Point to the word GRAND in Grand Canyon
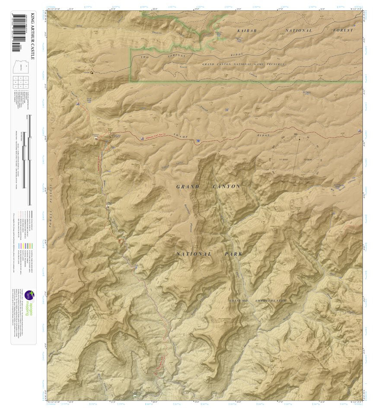(x=188, y=187)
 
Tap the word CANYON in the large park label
(x=226, y=187)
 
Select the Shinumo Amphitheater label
(x=258, y=300)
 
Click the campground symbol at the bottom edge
(x=135, y=395)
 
